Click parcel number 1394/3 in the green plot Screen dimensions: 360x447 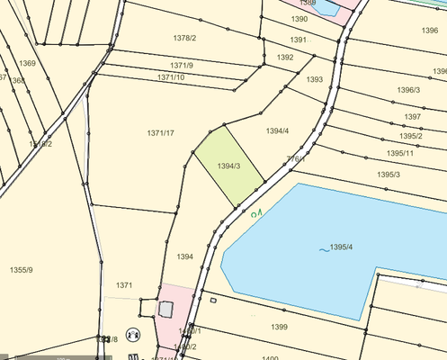[x=229, y=166]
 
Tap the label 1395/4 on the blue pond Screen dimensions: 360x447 [x=342, y=247]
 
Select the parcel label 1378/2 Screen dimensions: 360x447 [x=183, y=38]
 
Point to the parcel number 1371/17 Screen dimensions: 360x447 [x=160, y=133]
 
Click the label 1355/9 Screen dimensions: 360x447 [x=21, y=270]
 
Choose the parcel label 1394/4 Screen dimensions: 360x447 [x=277, y=131]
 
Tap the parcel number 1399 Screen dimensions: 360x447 [x=279, y=327]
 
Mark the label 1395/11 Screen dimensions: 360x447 [x=397, y=153]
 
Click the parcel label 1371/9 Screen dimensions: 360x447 [x=181, y=66]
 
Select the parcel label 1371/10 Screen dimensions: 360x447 [x=171, y=77]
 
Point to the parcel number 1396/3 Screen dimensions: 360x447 [x=407, y=90]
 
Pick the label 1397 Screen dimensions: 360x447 [x=412, y=117]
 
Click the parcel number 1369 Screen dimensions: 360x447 [x=27, y=63]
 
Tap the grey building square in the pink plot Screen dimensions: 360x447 [x=165, y=309]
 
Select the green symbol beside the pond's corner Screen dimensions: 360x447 [x=258, y=213]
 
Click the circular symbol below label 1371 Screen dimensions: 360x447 [x=133, y=333]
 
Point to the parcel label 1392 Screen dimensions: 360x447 [x=285, y=58]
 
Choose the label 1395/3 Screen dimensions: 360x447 [x=389, y=175]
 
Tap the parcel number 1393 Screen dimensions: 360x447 [x=314, y=80]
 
